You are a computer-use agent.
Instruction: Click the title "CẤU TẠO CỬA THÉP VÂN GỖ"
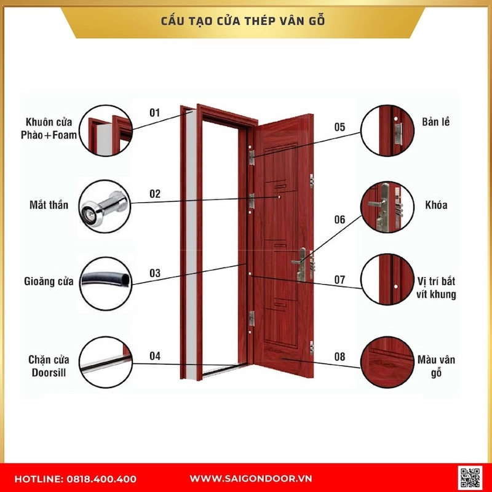pyautogui.click(x=247, y=21)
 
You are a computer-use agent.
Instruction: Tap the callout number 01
pyautogui.click(x=154, y=113)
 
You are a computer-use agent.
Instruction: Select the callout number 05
pyautogui.click(x=339, y=127)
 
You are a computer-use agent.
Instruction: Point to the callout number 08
pyautogui.click(x=339, y=357)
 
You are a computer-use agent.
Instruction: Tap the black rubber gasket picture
pyautogui.click(x=106, y=282)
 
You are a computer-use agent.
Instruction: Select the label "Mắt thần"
pyautogui.click(x=49, y=205)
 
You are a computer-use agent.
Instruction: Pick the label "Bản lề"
pyautogui.click(x=436, y=121)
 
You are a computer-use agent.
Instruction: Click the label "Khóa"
pyautogui.click(x=436, y=205)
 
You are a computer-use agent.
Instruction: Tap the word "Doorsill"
pyautogui.click(x=47, y=373)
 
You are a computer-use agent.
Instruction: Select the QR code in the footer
pyautogui.click(x=470, y=478)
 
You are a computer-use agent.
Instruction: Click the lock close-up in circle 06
pyautogui.click(x=386, y=205)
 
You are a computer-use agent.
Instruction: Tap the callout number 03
pyautogui.click(x=154, y=273)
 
